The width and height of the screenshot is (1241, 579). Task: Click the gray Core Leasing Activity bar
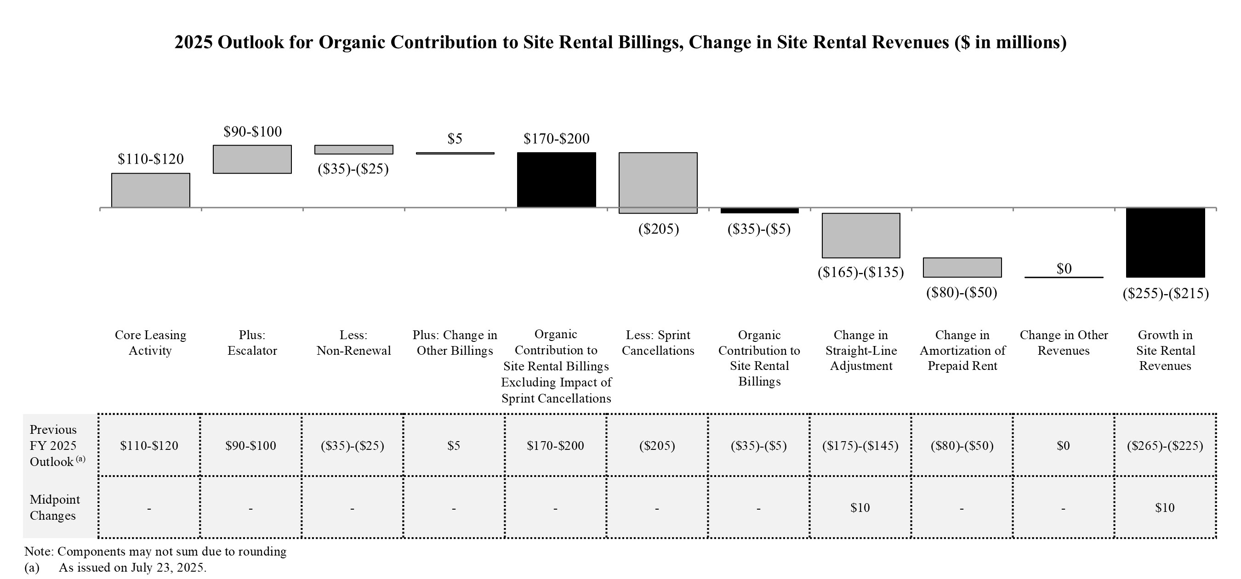coord(150,190)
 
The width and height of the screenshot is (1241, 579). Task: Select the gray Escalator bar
coord(252,159)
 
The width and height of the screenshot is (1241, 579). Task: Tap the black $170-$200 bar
coord(557,180)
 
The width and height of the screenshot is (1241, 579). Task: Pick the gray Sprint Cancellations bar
coord(658,182)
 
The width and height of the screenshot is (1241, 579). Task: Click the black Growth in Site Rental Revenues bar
coord(1165,242)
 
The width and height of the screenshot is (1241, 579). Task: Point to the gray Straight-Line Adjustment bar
coord(861,235)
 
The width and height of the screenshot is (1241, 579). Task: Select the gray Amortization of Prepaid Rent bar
coord(962,267)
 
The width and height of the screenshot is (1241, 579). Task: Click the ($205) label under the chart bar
coord(659,229)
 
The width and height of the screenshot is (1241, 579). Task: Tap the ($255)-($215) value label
coord(1165,293)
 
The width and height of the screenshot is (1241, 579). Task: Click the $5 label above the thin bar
coord(455,139)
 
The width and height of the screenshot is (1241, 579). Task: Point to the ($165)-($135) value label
coord(860,272)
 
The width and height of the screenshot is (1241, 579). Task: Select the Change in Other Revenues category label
coord(1064,342)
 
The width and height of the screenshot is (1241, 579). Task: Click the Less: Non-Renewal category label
coord(353,342)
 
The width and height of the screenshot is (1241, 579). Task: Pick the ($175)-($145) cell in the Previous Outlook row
coord(860,446)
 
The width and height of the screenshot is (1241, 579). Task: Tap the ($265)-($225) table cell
coord(1164,446)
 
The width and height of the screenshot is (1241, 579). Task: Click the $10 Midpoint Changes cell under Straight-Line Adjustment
coord(860,508)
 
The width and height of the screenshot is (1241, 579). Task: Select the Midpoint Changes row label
coord(54,507)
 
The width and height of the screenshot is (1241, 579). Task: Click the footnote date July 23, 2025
coord(168,568)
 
